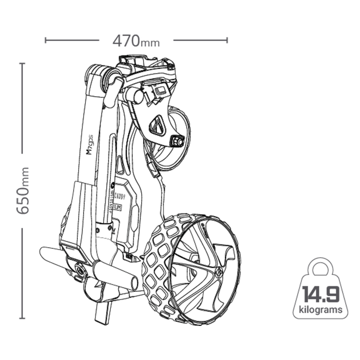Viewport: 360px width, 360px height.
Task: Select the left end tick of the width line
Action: click(x=46, y=40)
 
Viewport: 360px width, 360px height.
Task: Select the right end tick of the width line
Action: click(x=227, y=40)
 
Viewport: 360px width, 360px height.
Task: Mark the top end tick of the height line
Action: click(x=22, y=63)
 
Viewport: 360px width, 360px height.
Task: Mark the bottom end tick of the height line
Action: click(x=22, y=318)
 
